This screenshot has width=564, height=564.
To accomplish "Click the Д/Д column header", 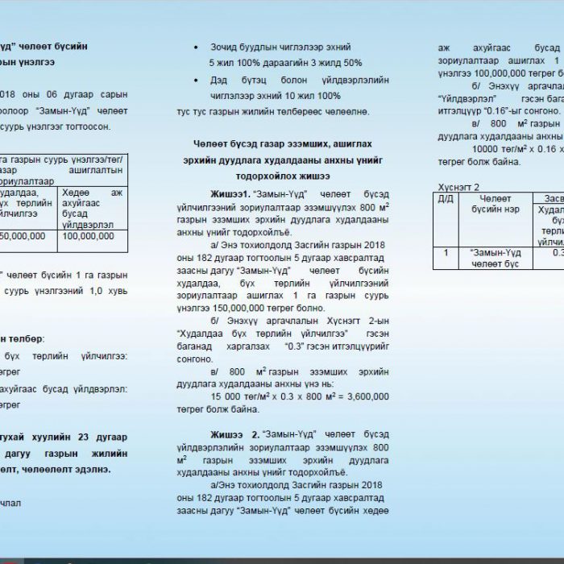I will click(445, 198).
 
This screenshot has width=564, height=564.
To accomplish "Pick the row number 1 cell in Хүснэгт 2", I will click(445, 253).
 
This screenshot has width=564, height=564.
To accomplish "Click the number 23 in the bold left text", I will click(88, 438).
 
